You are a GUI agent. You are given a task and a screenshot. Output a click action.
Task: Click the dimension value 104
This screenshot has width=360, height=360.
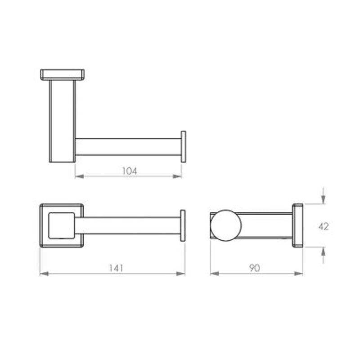(x=129, y=171)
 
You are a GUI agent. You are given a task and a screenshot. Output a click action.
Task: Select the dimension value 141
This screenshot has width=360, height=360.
(x=116, y=268)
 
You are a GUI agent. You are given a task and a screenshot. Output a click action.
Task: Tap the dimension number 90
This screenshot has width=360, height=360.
(x=255, y=268)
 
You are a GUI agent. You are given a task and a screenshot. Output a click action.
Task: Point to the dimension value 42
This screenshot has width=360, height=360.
(x=323, y=226)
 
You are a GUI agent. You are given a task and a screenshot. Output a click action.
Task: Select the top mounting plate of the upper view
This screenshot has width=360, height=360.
(x=63, y=75)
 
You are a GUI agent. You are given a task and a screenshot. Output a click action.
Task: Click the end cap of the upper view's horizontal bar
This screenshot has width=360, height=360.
(x=183, y=147)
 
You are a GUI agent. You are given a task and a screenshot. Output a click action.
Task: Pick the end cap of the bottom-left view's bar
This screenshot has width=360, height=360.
(x=183, y=225)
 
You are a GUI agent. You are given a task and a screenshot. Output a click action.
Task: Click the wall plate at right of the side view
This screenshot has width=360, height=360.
(x=297, y=225)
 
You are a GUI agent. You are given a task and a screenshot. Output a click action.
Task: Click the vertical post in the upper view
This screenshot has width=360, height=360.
(x=62, y=121)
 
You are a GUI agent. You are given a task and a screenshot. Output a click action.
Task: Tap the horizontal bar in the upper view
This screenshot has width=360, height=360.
(x=128, y=147)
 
